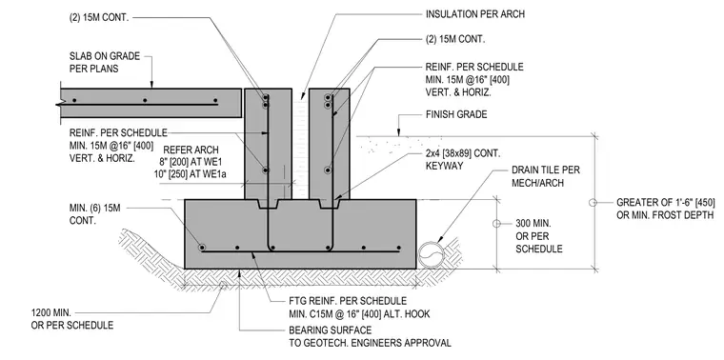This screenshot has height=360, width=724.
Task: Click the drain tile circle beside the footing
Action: [431, 255]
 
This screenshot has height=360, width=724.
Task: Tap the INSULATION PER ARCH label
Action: [475, 14]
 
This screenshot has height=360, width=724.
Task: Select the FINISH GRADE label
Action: [456, 114]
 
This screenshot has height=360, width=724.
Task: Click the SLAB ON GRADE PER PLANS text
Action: [105, 62]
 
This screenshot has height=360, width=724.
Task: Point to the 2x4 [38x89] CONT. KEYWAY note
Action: [463, 159]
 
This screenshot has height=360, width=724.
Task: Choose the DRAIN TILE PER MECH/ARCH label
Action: [546, 176]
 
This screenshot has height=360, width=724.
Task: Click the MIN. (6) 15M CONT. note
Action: [95, 214]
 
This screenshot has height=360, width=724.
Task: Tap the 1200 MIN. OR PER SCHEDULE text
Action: [72, 319]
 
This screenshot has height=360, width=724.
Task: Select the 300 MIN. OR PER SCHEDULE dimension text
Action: [539, 236]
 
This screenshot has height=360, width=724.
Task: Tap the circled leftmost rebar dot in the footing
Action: [202, 248]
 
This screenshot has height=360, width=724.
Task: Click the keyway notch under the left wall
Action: [269, 204]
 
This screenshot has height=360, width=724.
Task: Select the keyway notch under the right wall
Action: [330, 204]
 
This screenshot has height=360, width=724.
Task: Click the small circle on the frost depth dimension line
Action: [593, 202]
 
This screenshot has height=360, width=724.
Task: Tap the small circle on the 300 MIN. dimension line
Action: [496, 224]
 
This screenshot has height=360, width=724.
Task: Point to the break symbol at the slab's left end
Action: [59, 105]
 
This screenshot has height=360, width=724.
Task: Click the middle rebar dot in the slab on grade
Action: [145, 100]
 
